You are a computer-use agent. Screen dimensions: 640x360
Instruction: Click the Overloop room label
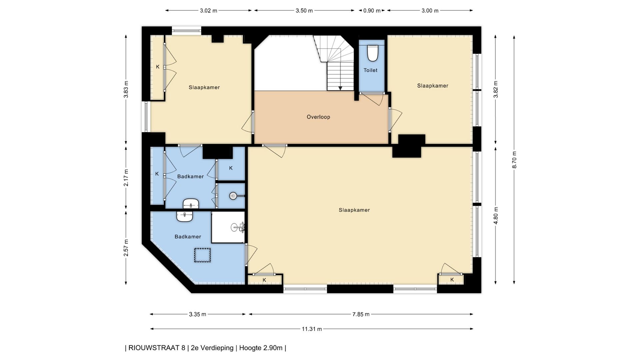pyautogui.click(x=318, y=117)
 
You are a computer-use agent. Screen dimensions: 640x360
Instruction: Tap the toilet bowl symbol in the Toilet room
pyautogui.click(x=372, y=53)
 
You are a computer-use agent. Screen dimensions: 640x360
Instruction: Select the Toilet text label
pyautogui.click(x=370, y=70)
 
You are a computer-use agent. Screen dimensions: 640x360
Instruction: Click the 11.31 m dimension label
pyautogui.click(x=312, y=329)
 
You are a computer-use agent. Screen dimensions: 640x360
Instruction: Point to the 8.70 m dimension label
pyautogui.click(x=514, y=160)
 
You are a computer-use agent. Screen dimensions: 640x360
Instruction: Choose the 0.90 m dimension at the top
pyautogui.click(x=372, y=11)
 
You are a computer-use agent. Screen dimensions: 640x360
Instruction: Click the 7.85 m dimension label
pyautogui.click(x=361, y=314)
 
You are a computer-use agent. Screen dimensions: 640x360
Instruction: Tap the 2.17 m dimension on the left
pyautogui.click(x=126, y=178)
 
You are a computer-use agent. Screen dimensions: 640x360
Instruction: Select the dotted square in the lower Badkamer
pyautogui.click(x=203, y=255)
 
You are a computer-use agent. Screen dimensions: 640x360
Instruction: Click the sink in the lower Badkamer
pyautogui.click(x=185, y=217)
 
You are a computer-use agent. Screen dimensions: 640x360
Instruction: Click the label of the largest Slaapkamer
pyautogui.click(x=354, y=210)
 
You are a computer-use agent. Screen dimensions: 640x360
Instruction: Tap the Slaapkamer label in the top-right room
pyautogui.click(x=433, y=86)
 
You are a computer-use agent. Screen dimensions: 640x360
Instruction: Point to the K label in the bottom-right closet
pyautogui.click(x=452, y=280)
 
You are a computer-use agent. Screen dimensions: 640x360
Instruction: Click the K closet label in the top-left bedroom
pyautogui.click(x=158, y=67)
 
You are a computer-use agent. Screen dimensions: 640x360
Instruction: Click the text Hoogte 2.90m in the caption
pyautogui.click(x=261, y=348)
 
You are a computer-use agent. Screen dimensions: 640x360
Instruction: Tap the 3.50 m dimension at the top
pyautogui.click(x=304, y=11)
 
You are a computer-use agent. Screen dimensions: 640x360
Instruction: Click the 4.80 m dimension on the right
pyautogui.click(x=496, y=216)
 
